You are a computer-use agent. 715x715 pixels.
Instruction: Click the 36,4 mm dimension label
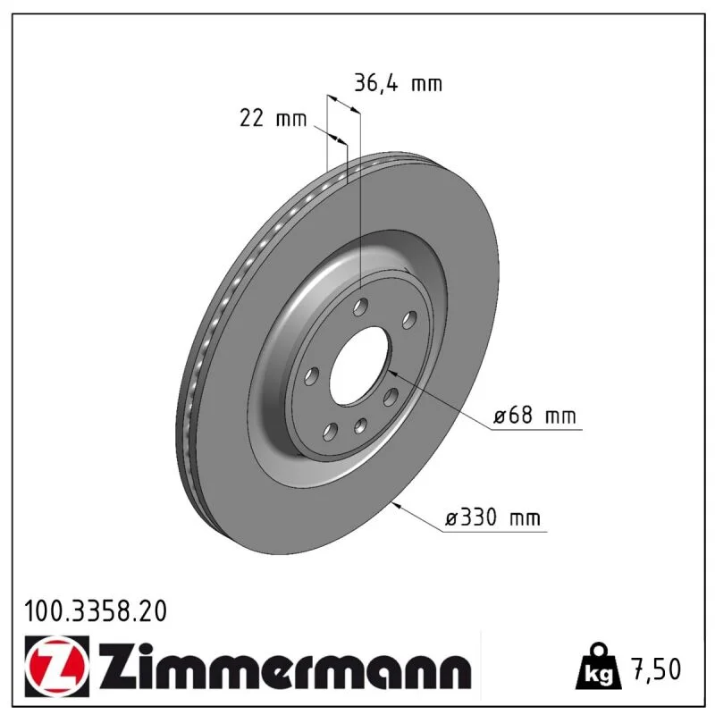point(398,84)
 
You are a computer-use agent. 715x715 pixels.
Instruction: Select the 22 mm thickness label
point(273,119)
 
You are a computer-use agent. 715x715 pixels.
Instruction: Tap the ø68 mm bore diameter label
point(534,416)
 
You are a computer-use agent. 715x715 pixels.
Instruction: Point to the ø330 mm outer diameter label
point(492,517)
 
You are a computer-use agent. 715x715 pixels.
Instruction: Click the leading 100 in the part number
point(44,611)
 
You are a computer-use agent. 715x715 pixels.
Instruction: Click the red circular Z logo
point(56,666)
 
